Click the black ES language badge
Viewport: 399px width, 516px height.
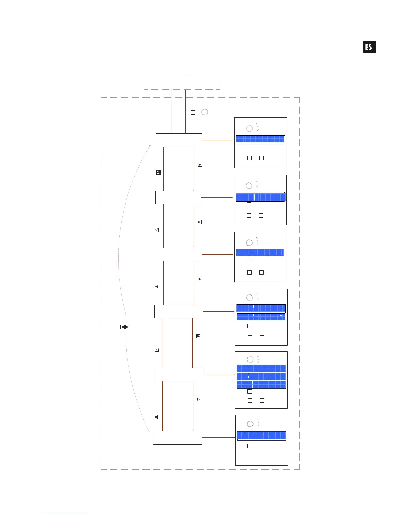[369, 47]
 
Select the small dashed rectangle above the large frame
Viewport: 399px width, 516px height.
[182, 81]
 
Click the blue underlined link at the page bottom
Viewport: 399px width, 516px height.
[65, 513]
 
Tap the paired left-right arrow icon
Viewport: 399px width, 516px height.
[125, 327]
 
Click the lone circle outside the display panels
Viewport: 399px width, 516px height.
[205, 112]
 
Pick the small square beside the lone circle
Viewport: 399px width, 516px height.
[193, 112]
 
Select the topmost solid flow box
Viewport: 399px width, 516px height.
[179, 140]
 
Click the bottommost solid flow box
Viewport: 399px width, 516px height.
[177, 437]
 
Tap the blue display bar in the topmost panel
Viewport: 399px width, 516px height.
[260, 139]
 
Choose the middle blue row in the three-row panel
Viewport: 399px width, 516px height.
[261, 377]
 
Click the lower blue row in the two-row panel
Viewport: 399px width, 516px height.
[261, 316]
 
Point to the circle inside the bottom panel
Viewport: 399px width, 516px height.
[250, 424]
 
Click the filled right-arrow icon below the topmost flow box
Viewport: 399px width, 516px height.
[200, 165]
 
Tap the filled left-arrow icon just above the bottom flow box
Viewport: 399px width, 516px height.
[155, 417]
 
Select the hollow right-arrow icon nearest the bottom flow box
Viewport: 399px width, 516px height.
[199, 399]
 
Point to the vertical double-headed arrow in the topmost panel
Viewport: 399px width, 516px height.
[257, 127]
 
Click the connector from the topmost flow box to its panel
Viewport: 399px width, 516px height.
[217, 140]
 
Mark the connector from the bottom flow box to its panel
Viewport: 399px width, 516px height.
[218, 437]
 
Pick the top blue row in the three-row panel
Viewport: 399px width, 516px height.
[261, 368]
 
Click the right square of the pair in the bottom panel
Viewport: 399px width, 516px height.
[262, 457]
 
